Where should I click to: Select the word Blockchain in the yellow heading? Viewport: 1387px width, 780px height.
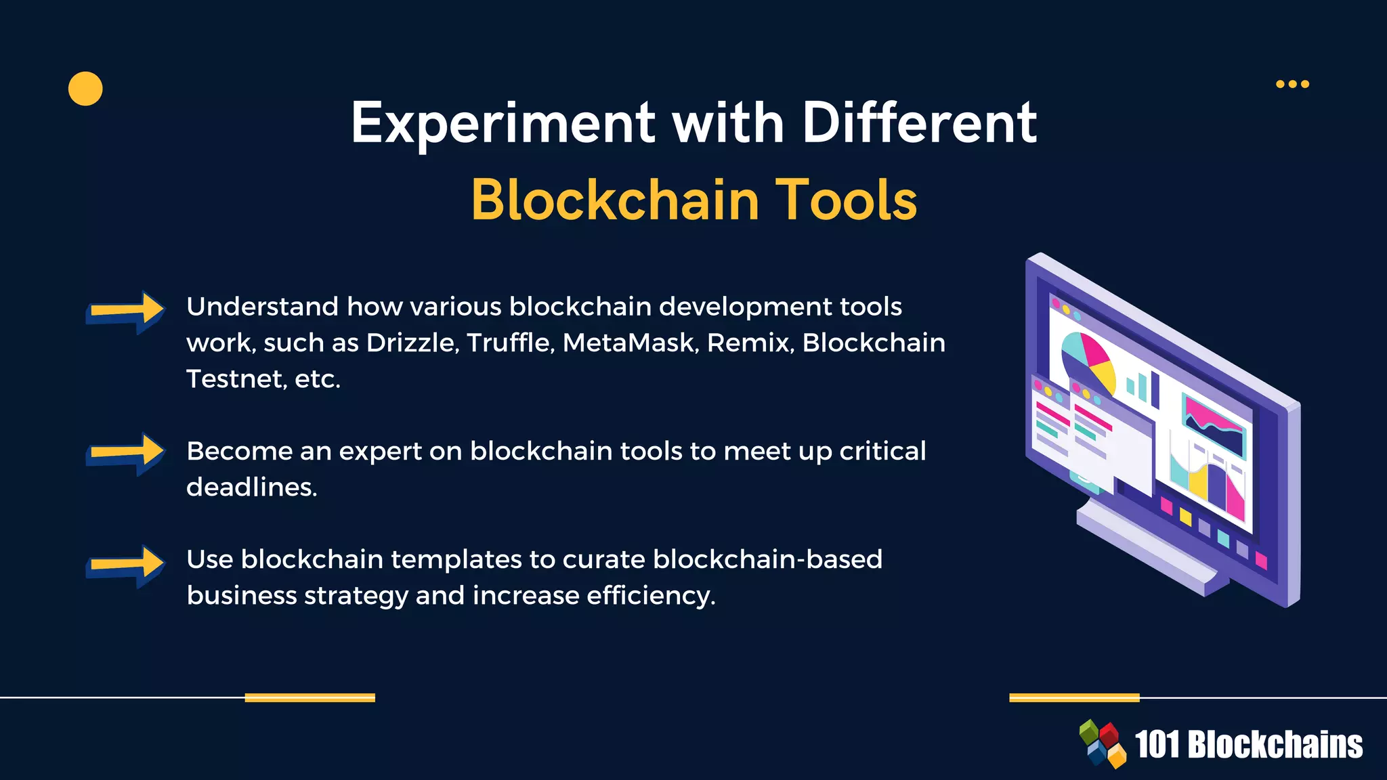[x=615, y=200]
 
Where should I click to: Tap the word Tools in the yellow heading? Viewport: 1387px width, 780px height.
[x=846, y=200]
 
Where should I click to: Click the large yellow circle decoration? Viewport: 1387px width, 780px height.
[x=85, y=89]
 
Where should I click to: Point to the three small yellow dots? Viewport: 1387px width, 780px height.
[x=1292, y=84]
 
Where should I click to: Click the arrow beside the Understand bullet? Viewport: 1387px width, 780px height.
[x=126, y=311]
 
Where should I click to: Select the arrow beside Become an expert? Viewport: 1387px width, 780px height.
[x=126, y=453]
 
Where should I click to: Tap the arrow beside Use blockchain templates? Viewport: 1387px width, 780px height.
[x=126, y=565]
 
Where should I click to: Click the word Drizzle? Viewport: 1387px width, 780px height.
[x=412, y=343]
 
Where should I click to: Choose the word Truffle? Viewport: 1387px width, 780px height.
[x=510, y=343]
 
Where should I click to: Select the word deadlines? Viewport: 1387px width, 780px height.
[x=251, y=487]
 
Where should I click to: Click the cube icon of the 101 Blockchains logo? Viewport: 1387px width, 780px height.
[x=1102, y=743]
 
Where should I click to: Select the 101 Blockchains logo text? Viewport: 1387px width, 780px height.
[x=1248, y=745]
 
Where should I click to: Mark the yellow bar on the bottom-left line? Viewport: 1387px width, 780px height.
[x=310, y=697]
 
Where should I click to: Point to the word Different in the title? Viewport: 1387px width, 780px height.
[x=919, y=124]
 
